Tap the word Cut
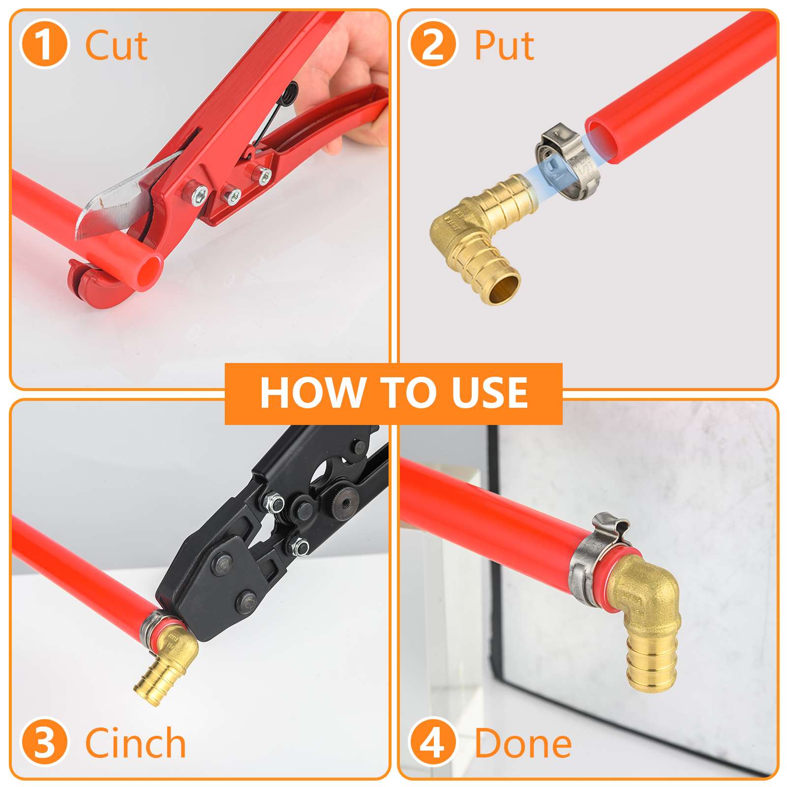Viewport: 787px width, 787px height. pyautogui.click(x=116, y=46)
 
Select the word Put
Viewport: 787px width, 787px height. pyautogui.click(x=504, y=46)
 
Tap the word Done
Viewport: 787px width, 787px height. pyautogui.click(x=523, y=744)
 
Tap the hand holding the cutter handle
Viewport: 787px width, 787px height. pyautogui.click(x=344, y=74)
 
